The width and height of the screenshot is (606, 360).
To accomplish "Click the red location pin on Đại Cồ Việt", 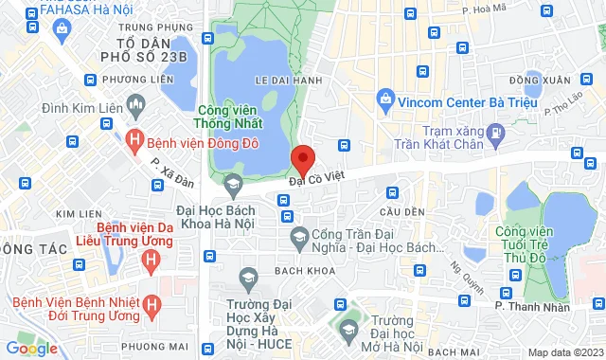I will point(302,157).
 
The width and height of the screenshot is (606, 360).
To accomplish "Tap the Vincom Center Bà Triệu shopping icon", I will point(385,97).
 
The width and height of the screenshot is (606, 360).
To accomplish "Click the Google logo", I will point(31,349).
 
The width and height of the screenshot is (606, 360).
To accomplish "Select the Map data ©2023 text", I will point(565,352).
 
